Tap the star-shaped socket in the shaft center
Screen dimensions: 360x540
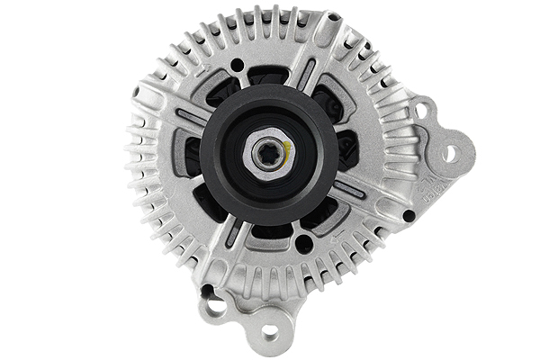tap(266, 152)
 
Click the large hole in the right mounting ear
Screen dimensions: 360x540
tap(447, 154)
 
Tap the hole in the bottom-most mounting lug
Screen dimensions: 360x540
tap(269, 329)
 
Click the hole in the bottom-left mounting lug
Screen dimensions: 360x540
tap(216, 307)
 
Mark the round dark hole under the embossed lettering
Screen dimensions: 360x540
tap(409, 216)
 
